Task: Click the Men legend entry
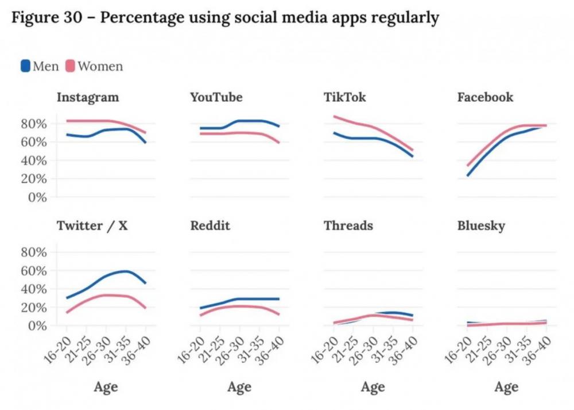[x=40, y=66]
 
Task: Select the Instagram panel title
[x=88, y=97]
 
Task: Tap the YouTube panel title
[x=216, y=97]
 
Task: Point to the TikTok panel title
[x=345, y=97]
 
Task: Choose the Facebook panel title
[x=485, y=97]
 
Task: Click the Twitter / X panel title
[x=92, y=225]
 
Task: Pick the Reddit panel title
[x=210, y=225]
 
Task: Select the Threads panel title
[x=348, y=225]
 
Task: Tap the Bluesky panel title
[x=481, y=225]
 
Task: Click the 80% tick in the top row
[x=33, y=124]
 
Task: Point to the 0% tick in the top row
[x=37, y=197]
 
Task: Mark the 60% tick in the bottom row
[x=33, y=270]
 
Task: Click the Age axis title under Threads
[x=373, y=387]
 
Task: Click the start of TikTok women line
[x=334, y=116]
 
